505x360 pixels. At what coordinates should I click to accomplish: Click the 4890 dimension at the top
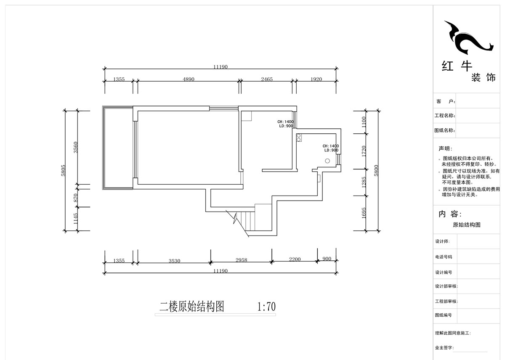[188, 79]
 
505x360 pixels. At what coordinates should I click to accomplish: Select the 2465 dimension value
[267, 79]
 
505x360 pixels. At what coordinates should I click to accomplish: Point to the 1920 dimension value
[316, 79]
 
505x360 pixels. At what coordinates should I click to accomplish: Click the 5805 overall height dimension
[63, 170]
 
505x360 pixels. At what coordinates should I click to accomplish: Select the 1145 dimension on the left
[75, 219]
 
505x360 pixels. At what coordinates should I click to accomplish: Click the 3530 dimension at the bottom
[174, 261]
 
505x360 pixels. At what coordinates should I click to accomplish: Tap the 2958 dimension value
[241, 260]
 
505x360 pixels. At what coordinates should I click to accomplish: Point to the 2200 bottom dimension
[295, 259]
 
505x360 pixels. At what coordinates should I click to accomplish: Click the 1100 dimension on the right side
[364, 122]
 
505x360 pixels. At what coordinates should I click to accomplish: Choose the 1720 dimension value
[364, 151]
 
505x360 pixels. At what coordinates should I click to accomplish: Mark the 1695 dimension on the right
[364, 213]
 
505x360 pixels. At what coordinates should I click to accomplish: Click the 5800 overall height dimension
[377, 170]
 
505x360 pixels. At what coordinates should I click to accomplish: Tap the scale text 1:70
[266, 307]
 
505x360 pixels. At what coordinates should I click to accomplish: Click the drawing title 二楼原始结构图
[191, 307]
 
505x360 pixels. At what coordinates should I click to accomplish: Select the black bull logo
[467, 38]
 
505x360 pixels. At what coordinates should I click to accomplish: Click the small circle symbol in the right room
[327, 160]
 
